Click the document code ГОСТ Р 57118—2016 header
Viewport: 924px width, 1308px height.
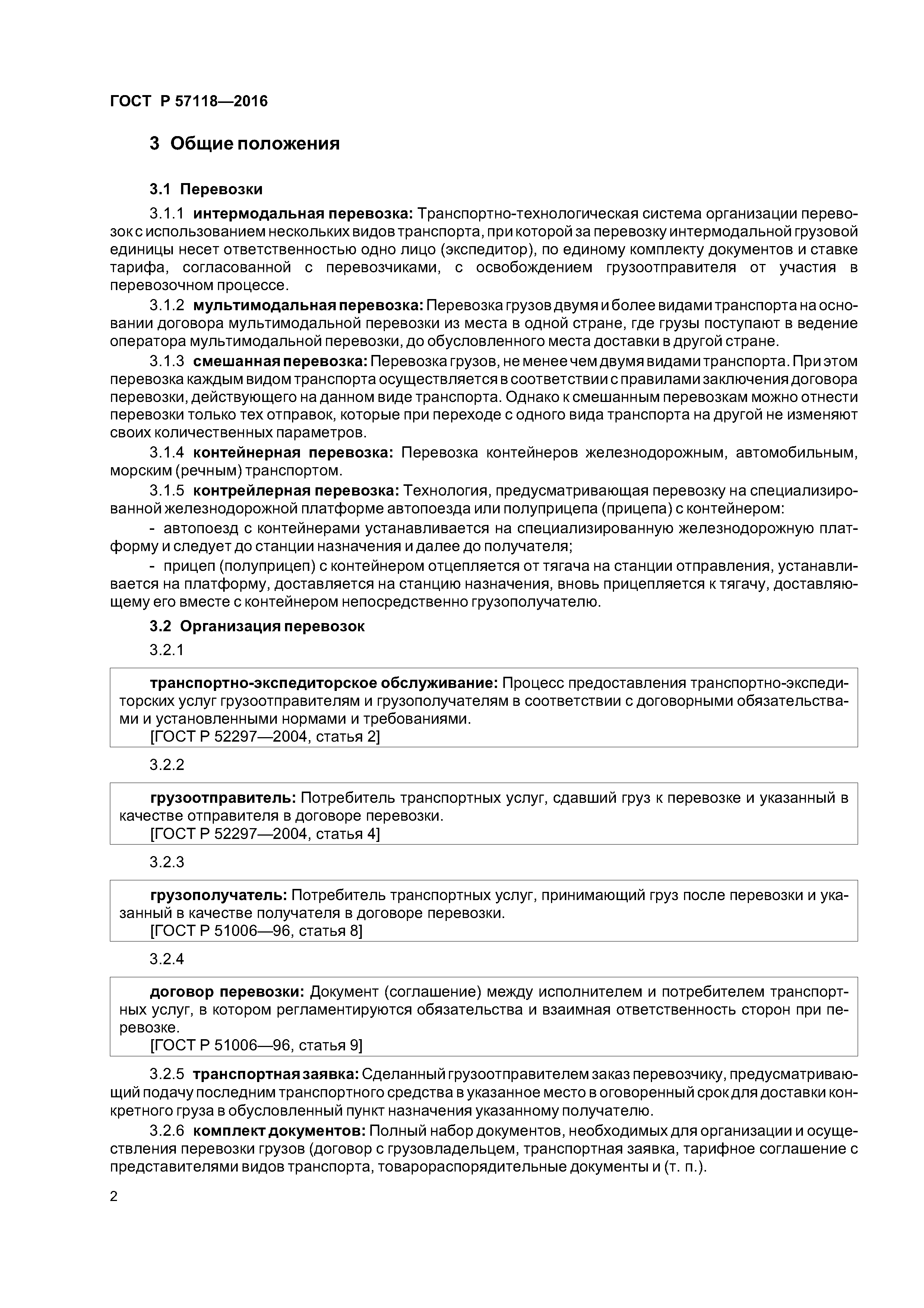(189, 101)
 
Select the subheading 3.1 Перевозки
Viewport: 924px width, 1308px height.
(206, 189)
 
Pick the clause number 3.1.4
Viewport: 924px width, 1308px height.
(167, 453)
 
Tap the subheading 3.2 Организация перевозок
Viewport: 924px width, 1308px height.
(257, 626)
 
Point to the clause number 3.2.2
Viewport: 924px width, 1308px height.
(167, 764)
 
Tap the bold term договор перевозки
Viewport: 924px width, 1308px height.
(228, 992)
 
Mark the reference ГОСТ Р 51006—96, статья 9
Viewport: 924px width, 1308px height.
(256, 1046)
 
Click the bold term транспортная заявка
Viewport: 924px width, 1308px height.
(276, 1075)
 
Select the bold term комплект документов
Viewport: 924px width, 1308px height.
(279, 1131)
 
